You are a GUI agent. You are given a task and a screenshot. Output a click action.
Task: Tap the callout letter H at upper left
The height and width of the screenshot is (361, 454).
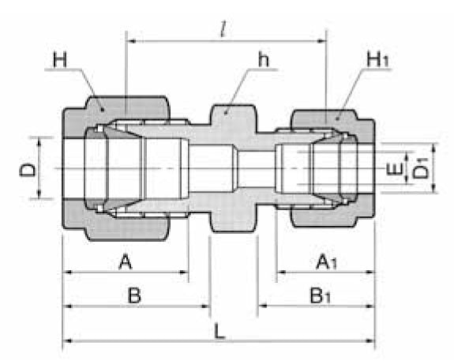tap(59, 60)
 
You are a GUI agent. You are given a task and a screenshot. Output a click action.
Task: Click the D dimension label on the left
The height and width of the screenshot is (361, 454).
tap(29, 168)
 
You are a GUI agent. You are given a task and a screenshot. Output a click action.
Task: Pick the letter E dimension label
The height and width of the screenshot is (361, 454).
tap(392, 169)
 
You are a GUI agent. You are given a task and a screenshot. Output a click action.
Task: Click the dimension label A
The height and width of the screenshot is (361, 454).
tap(125, 261)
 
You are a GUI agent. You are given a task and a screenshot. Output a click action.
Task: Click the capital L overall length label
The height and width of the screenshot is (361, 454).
tap(219, 330)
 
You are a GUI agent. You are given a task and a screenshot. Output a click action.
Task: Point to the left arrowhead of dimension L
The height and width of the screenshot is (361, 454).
tap(67, 341)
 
